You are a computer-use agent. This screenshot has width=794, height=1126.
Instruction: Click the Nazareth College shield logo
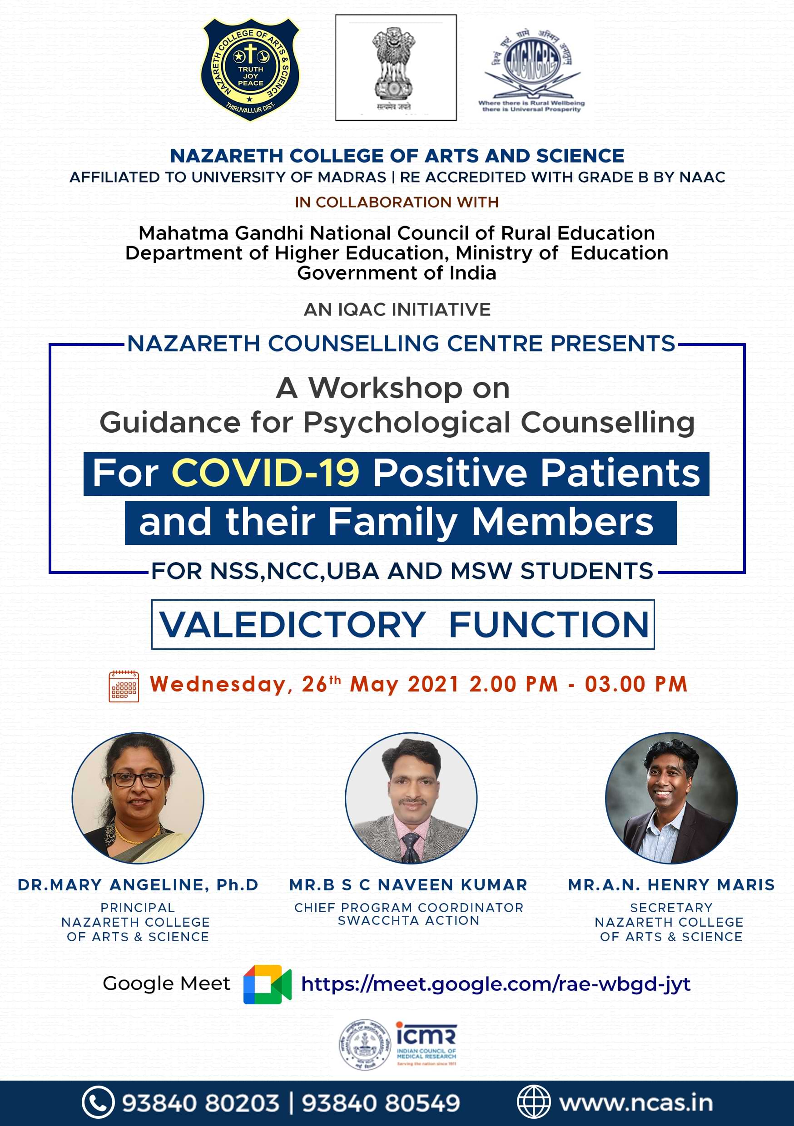[250, 69]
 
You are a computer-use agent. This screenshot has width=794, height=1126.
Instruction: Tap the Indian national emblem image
[395, 67]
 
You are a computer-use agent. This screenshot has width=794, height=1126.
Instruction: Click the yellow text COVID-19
[265, 473]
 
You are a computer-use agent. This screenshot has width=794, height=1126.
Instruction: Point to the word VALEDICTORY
[293, 624]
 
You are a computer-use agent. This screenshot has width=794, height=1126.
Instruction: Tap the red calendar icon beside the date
[124, 686]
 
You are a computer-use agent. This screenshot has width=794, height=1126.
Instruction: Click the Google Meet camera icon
[267, 984]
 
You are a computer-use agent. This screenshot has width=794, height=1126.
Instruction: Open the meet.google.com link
[496, 984]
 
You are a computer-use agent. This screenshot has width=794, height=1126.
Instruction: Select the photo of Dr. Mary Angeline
[138, 798]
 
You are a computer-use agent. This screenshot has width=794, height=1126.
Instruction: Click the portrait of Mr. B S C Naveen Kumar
[411, 798]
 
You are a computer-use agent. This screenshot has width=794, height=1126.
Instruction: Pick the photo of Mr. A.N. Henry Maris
[671, 798]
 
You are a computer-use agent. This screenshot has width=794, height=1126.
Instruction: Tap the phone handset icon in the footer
[98, 1103]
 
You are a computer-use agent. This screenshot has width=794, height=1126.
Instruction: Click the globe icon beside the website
[533, 1103]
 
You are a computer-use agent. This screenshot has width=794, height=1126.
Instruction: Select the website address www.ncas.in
[635, 1103]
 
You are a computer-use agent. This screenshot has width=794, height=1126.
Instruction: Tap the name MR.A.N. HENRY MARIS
[671, 885]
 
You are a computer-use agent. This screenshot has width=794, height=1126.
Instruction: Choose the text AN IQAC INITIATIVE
[397, 310]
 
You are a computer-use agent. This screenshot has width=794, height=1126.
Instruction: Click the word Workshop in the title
[385, 388]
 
